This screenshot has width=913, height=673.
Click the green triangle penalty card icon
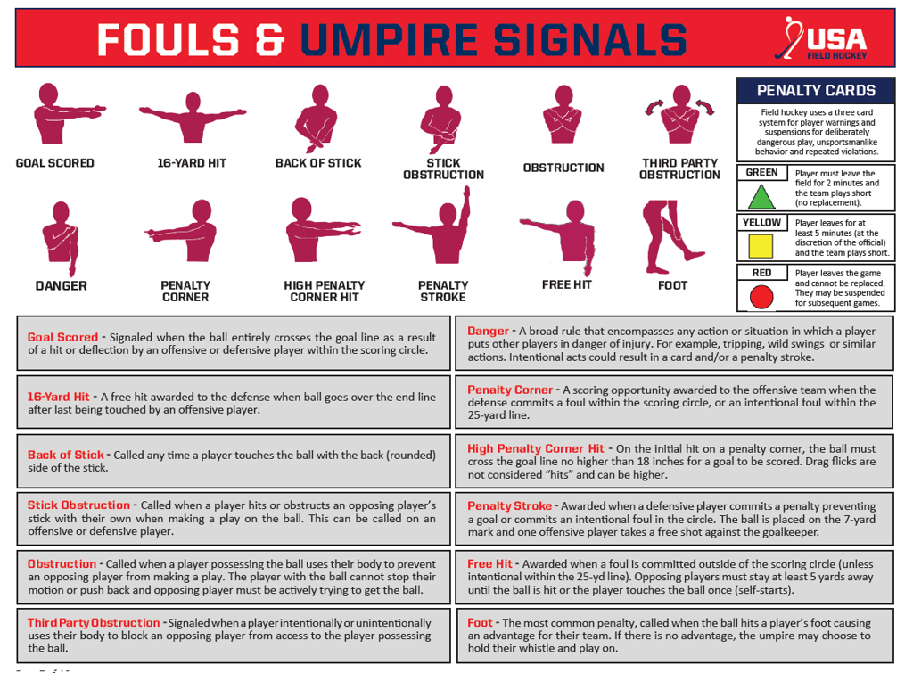[761, 196]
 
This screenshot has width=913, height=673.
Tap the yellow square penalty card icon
[761, 246]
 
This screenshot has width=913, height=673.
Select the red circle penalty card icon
[761, 296]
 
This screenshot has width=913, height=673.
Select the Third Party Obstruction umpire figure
[679, 119]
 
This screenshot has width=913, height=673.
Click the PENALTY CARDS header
[815, 90]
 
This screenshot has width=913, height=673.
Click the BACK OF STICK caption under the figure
[318, 163]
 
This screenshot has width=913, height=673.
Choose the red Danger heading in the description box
[488, 331]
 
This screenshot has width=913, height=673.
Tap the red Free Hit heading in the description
[489, 564]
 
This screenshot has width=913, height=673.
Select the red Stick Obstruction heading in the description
[78, 505]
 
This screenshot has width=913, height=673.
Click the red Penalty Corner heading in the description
[510, 390]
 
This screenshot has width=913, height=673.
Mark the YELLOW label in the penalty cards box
[761, 223]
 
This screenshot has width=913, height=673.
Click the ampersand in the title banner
[270, 39]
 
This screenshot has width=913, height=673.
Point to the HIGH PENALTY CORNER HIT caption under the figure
[324, 291]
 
